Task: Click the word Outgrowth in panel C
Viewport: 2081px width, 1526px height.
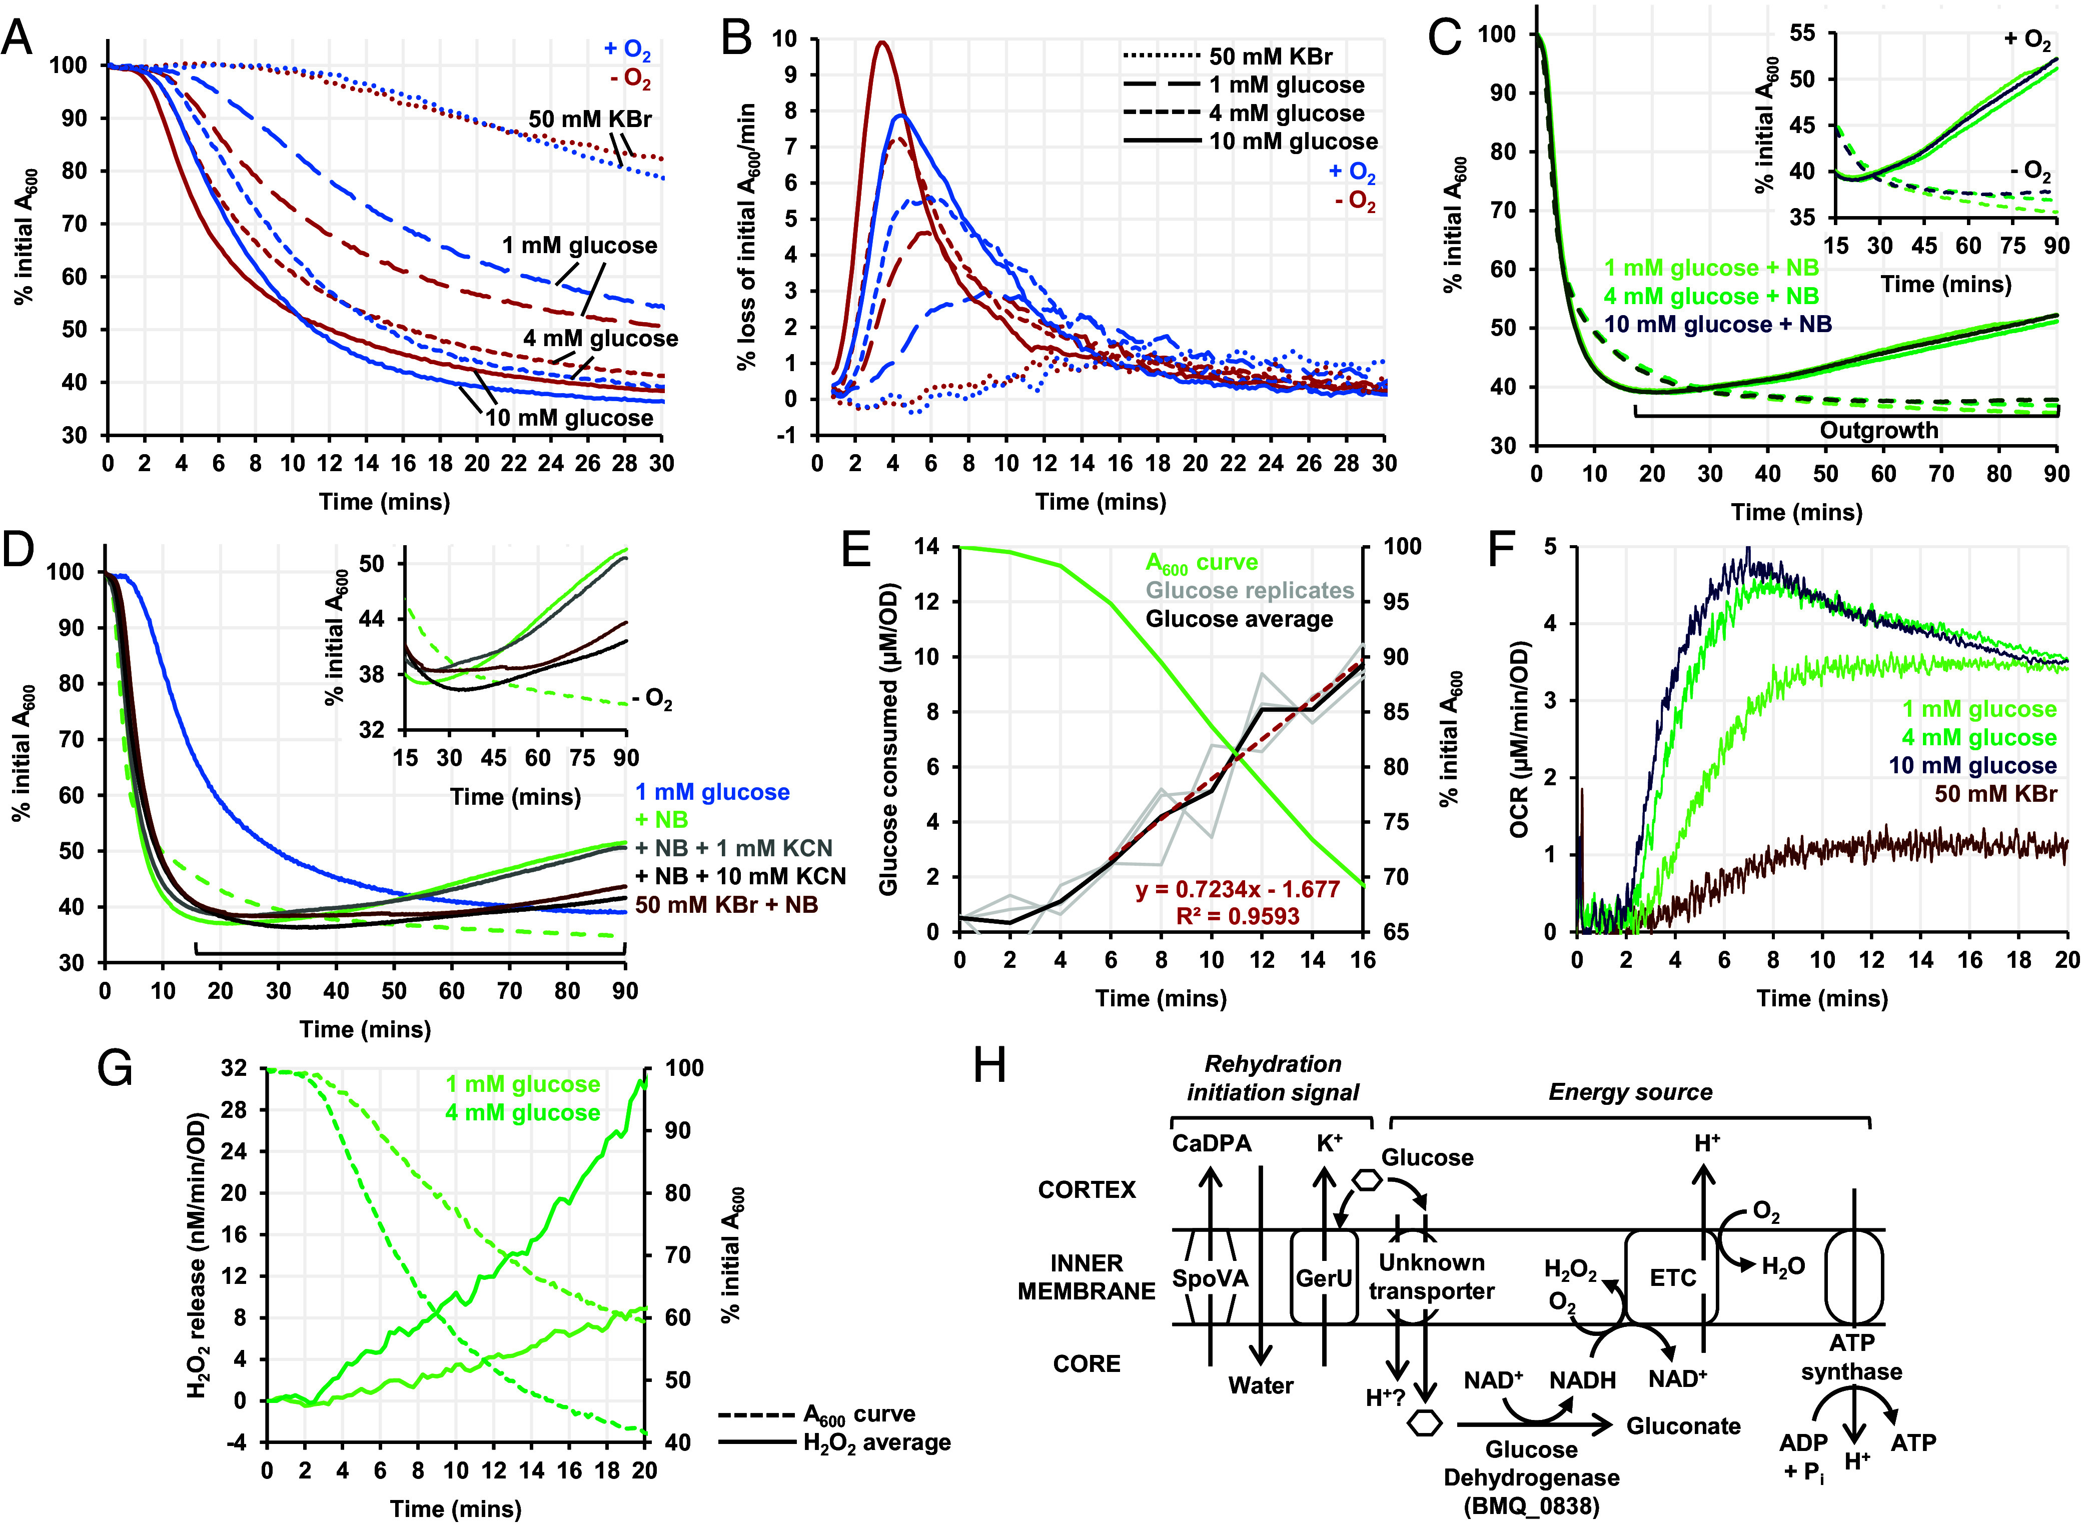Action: [1879, 431]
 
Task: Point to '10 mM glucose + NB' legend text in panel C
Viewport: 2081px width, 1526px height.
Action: [1718, 324]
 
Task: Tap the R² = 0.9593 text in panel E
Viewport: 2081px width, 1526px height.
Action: [1238, 916]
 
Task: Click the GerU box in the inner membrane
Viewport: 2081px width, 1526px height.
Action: [1325, 1277]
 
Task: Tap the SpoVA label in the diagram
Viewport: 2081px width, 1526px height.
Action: [1210, 1278]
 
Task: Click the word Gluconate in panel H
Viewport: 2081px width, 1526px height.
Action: [1684, 1426]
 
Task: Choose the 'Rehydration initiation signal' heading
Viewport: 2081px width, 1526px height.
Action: [1273, 1078]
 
